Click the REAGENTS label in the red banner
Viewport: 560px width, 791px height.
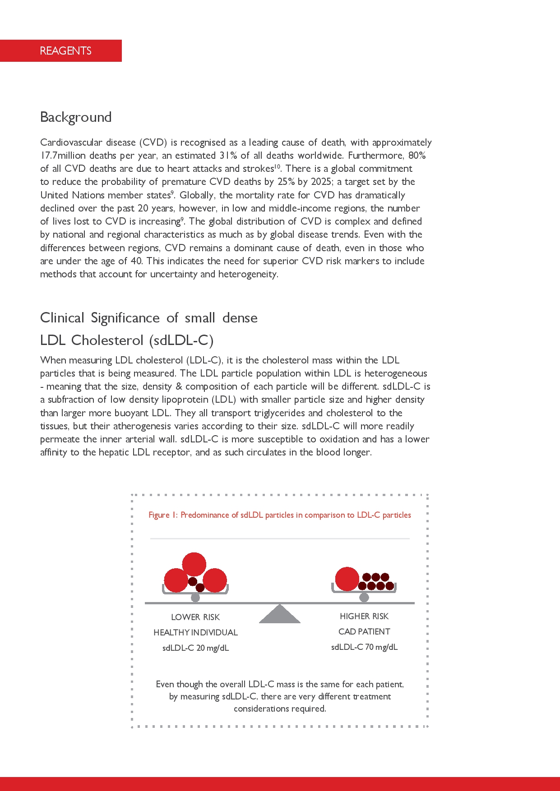[65, 51]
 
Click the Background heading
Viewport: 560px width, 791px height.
[76, 117]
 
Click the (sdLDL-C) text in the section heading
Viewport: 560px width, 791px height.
[181, 340]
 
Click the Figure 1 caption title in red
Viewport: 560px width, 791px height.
[280, 515]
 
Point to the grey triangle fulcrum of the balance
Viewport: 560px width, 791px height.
[280, 614]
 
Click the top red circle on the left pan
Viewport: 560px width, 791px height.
[194, 564]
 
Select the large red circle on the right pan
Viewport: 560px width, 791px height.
[347, 579]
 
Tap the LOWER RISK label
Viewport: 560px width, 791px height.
[195, 617]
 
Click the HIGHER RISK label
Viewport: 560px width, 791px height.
[364, 616]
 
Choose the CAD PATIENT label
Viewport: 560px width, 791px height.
[364, 632]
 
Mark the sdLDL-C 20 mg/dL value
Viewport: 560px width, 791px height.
[195, 648]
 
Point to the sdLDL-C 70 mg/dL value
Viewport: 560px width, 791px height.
[364, 647]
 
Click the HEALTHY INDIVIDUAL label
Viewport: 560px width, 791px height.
[195, 633]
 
